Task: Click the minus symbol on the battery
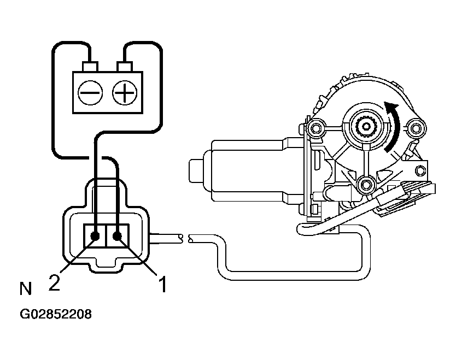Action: pos(89,93)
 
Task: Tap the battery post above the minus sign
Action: pos(89,67)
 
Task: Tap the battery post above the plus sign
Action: pos(125,67)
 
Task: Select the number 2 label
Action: pos(54,283)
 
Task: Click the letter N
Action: pos(25,288)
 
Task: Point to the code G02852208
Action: pos(56,315)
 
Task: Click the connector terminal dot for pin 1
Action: pos(118,236)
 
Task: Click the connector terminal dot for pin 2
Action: pos(95,237)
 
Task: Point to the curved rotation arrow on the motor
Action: pos(392,126)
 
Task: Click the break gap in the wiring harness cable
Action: pos(185,238)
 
